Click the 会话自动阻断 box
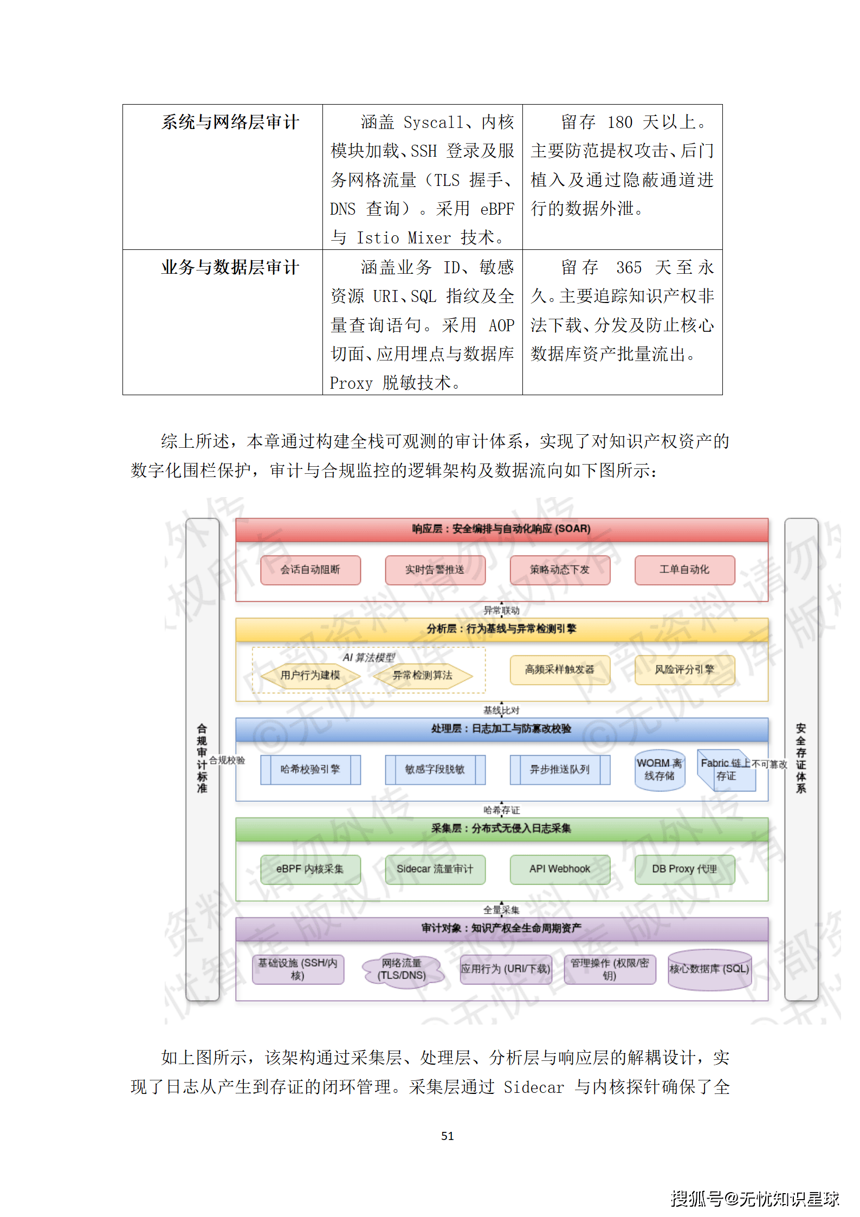(310, 570)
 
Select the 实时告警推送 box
(435, 570)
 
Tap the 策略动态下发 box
(559, 570)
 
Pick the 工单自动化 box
(684, 570)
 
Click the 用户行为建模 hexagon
(310, 675)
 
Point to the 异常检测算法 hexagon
(422, 675)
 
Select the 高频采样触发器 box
(559, 670)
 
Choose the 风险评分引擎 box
(684, 670)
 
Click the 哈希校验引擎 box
(310, 770)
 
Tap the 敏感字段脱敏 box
(435, 770)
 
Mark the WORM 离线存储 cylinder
(659, 770)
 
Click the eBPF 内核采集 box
(310, 870)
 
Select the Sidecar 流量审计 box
(435, 870)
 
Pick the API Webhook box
(559, 870)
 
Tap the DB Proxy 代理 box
(684, 870)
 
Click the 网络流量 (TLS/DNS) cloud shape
(402, 970)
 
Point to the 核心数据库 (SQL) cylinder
(709, 970)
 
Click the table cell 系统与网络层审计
(230, 123)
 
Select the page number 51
(447, 1136)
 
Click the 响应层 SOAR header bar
(501, 529)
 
